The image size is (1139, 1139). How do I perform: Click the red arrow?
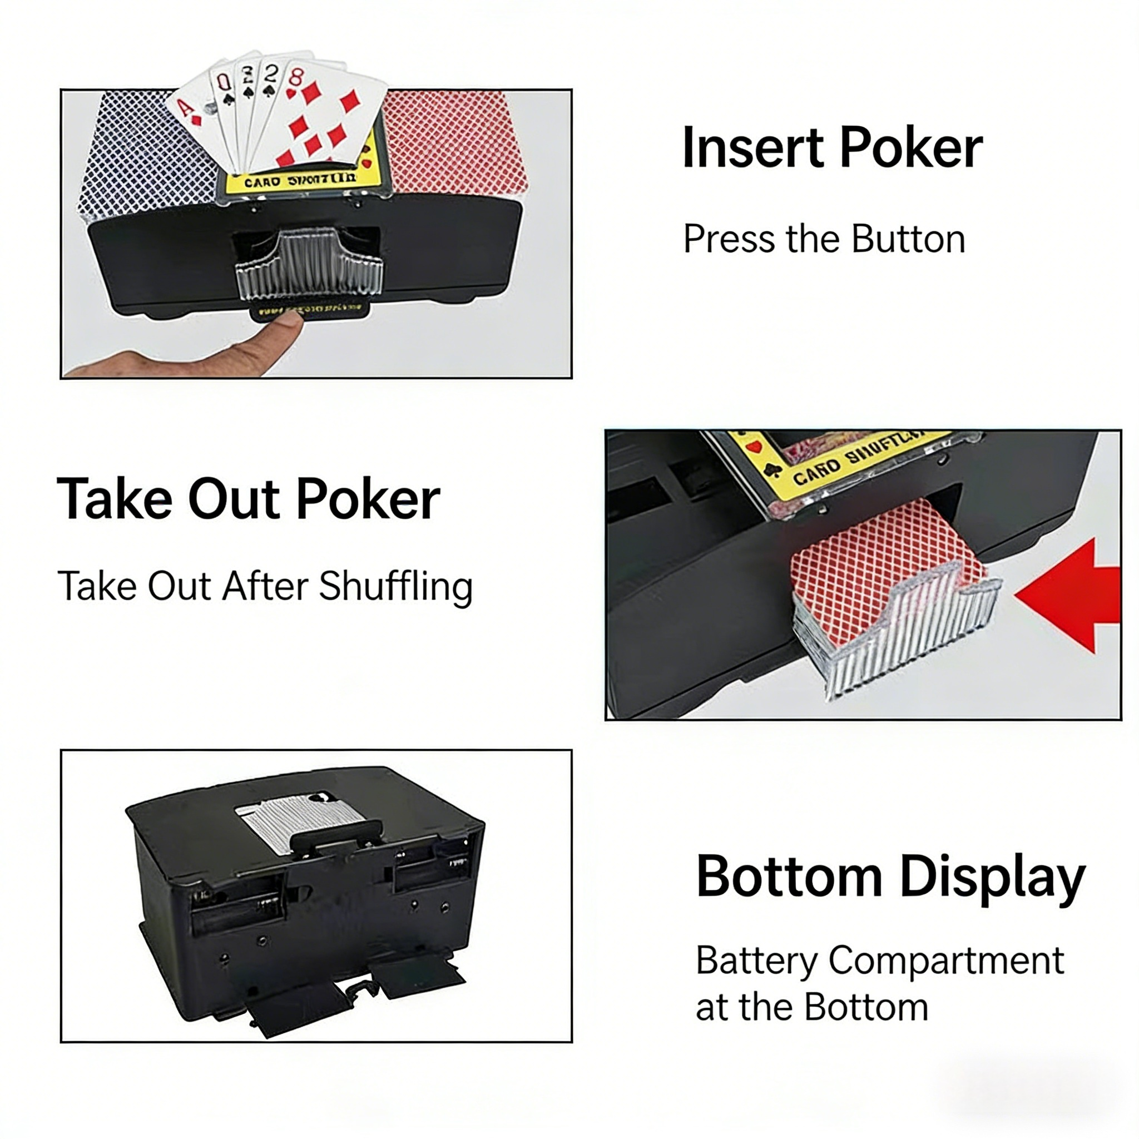(1073, 596)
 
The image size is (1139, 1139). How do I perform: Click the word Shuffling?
(395, 587)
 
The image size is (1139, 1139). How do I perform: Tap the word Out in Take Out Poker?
(234, 499)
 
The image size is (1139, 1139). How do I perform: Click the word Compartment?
(946, 960)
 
